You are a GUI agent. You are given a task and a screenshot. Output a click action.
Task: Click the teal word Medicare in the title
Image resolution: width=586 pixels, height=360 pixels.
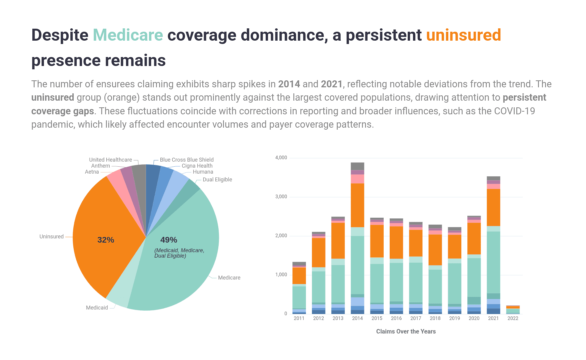128,35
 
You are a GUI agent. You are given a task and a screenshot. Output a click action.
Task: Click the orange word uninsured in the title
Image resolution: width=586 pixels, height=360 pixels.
463,35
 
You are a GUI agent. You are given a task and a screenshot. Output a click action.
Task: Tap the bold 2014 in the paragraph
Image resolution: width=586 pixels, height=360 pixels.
289,84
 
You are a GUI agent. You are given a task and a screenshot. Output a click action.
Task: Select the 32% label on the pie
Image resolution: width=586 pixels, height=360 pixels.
106,240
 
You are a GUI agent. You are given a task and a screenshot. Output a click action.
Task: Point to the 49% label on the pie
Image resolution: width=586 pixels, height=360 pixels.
169,240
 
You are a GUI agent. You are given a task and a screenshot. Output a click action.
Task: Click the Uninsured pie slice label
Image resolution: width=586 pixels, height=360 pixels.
51,237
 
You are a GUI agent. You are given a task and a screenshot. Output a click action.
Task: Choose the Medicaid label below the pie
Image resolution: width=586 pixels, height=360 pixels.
97,308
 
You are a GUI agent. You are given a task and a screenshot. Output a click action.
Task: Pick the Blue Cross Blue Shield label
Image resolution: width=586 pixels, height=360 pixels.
187,160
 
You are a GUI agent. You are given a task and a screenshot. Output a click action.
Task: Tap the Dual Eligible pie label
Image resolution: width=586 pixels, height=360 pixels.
217,180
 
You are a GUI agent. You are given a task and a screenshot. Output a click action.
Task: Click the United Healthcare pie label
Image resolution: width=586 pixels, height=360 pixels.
110,160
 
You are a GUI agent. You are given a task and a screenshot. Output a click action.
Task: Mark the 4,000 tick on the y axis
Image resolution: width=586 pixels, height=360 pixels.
281,158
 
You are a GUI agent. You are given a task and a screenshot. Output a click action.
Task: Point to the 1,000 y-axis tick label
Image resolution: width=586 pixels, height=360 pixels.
281,275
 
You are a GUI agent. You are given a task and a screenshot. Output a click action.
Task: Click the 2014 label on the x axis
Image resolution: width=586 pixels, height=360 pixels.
357,318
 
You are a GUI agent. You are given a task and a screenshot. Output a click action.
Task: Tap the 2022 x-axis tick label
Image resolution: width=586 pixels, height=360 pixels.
513,318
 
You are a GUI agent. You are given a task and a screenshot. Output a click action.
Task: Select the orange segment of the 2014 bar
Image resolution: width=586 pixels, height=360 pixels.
357,205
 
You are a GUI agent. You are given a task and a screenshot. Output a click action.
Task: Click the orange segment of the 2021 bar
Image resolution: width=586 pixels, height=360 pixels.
493,207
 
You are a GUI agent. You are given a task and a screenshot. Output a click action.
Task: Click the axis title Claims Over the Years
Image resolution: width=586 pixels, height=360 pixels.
406,331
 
